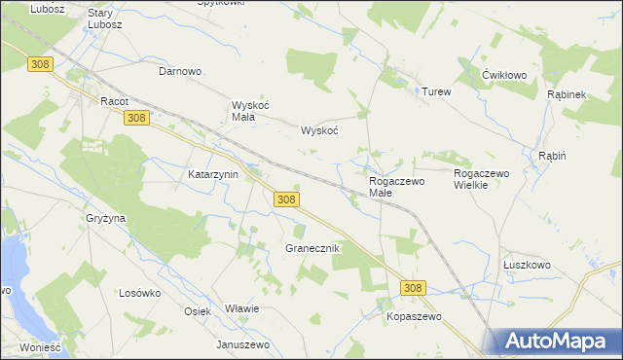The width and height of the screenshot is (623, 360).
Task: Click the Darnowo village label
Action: [x=179, y=71]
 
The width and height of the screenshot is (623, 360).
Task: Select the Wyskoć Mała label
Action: [x=242, y=111]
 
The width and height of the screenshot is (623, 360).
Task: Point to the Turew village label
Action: [x=436, y=91]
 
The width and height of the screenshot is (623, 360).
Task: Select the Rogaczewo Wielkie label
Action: [x=483, y=179]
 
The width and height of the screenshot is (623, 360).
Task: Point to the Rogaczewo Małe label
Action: [x=394, y=187]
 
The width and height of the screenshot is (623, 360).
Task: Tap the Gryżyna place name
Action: [x=105, y=219]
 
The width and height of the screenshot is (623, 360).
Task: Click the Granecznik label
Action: [x=311, y=248]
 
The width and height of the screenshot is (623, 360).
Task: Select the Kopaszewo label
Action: [x=414, y=317]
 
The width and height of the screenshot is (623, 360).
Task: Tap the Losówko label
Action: [x=139, y=293]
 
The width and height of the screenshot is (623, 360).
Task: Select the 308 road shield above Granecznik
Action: [x=285, y=198]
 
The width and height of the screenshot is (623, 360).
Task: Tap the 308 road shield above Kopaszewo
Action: [x=413, y=288]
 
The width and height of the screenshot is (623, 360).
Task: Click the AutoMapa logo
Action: [x=556, y=341]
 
